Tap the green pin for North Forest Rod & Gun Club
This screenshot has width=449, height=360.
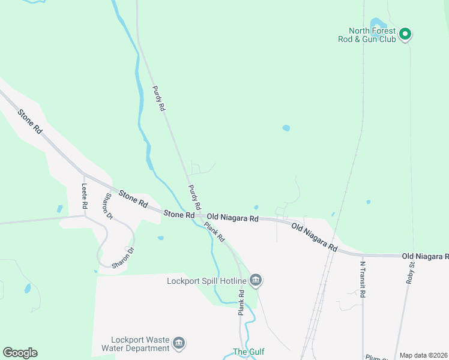405,34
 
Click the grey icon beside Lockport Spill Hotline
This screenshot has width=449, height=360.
256,280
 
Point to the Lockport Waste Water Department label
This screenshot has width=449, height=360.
136,344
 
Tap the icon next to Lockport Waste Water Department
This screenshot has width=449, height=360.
178,343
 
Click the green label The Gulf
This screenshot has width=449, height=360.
249,352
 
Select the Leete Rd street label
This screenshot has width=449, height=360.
85,196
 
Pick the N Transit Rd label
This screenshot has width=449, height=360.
363,277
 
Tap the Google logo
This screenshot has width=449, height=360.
20,353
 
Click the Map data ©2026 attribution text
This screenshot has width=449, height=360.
423,355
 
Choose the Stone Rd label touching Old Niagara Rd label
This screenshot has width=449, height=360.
179,214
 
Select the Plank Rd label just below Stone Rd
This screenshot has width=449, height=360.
214,232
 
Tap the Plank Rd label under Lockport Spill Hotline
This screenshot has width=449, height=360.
241,303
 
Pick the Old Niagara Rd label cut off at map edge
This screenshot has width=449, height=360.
426,256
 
